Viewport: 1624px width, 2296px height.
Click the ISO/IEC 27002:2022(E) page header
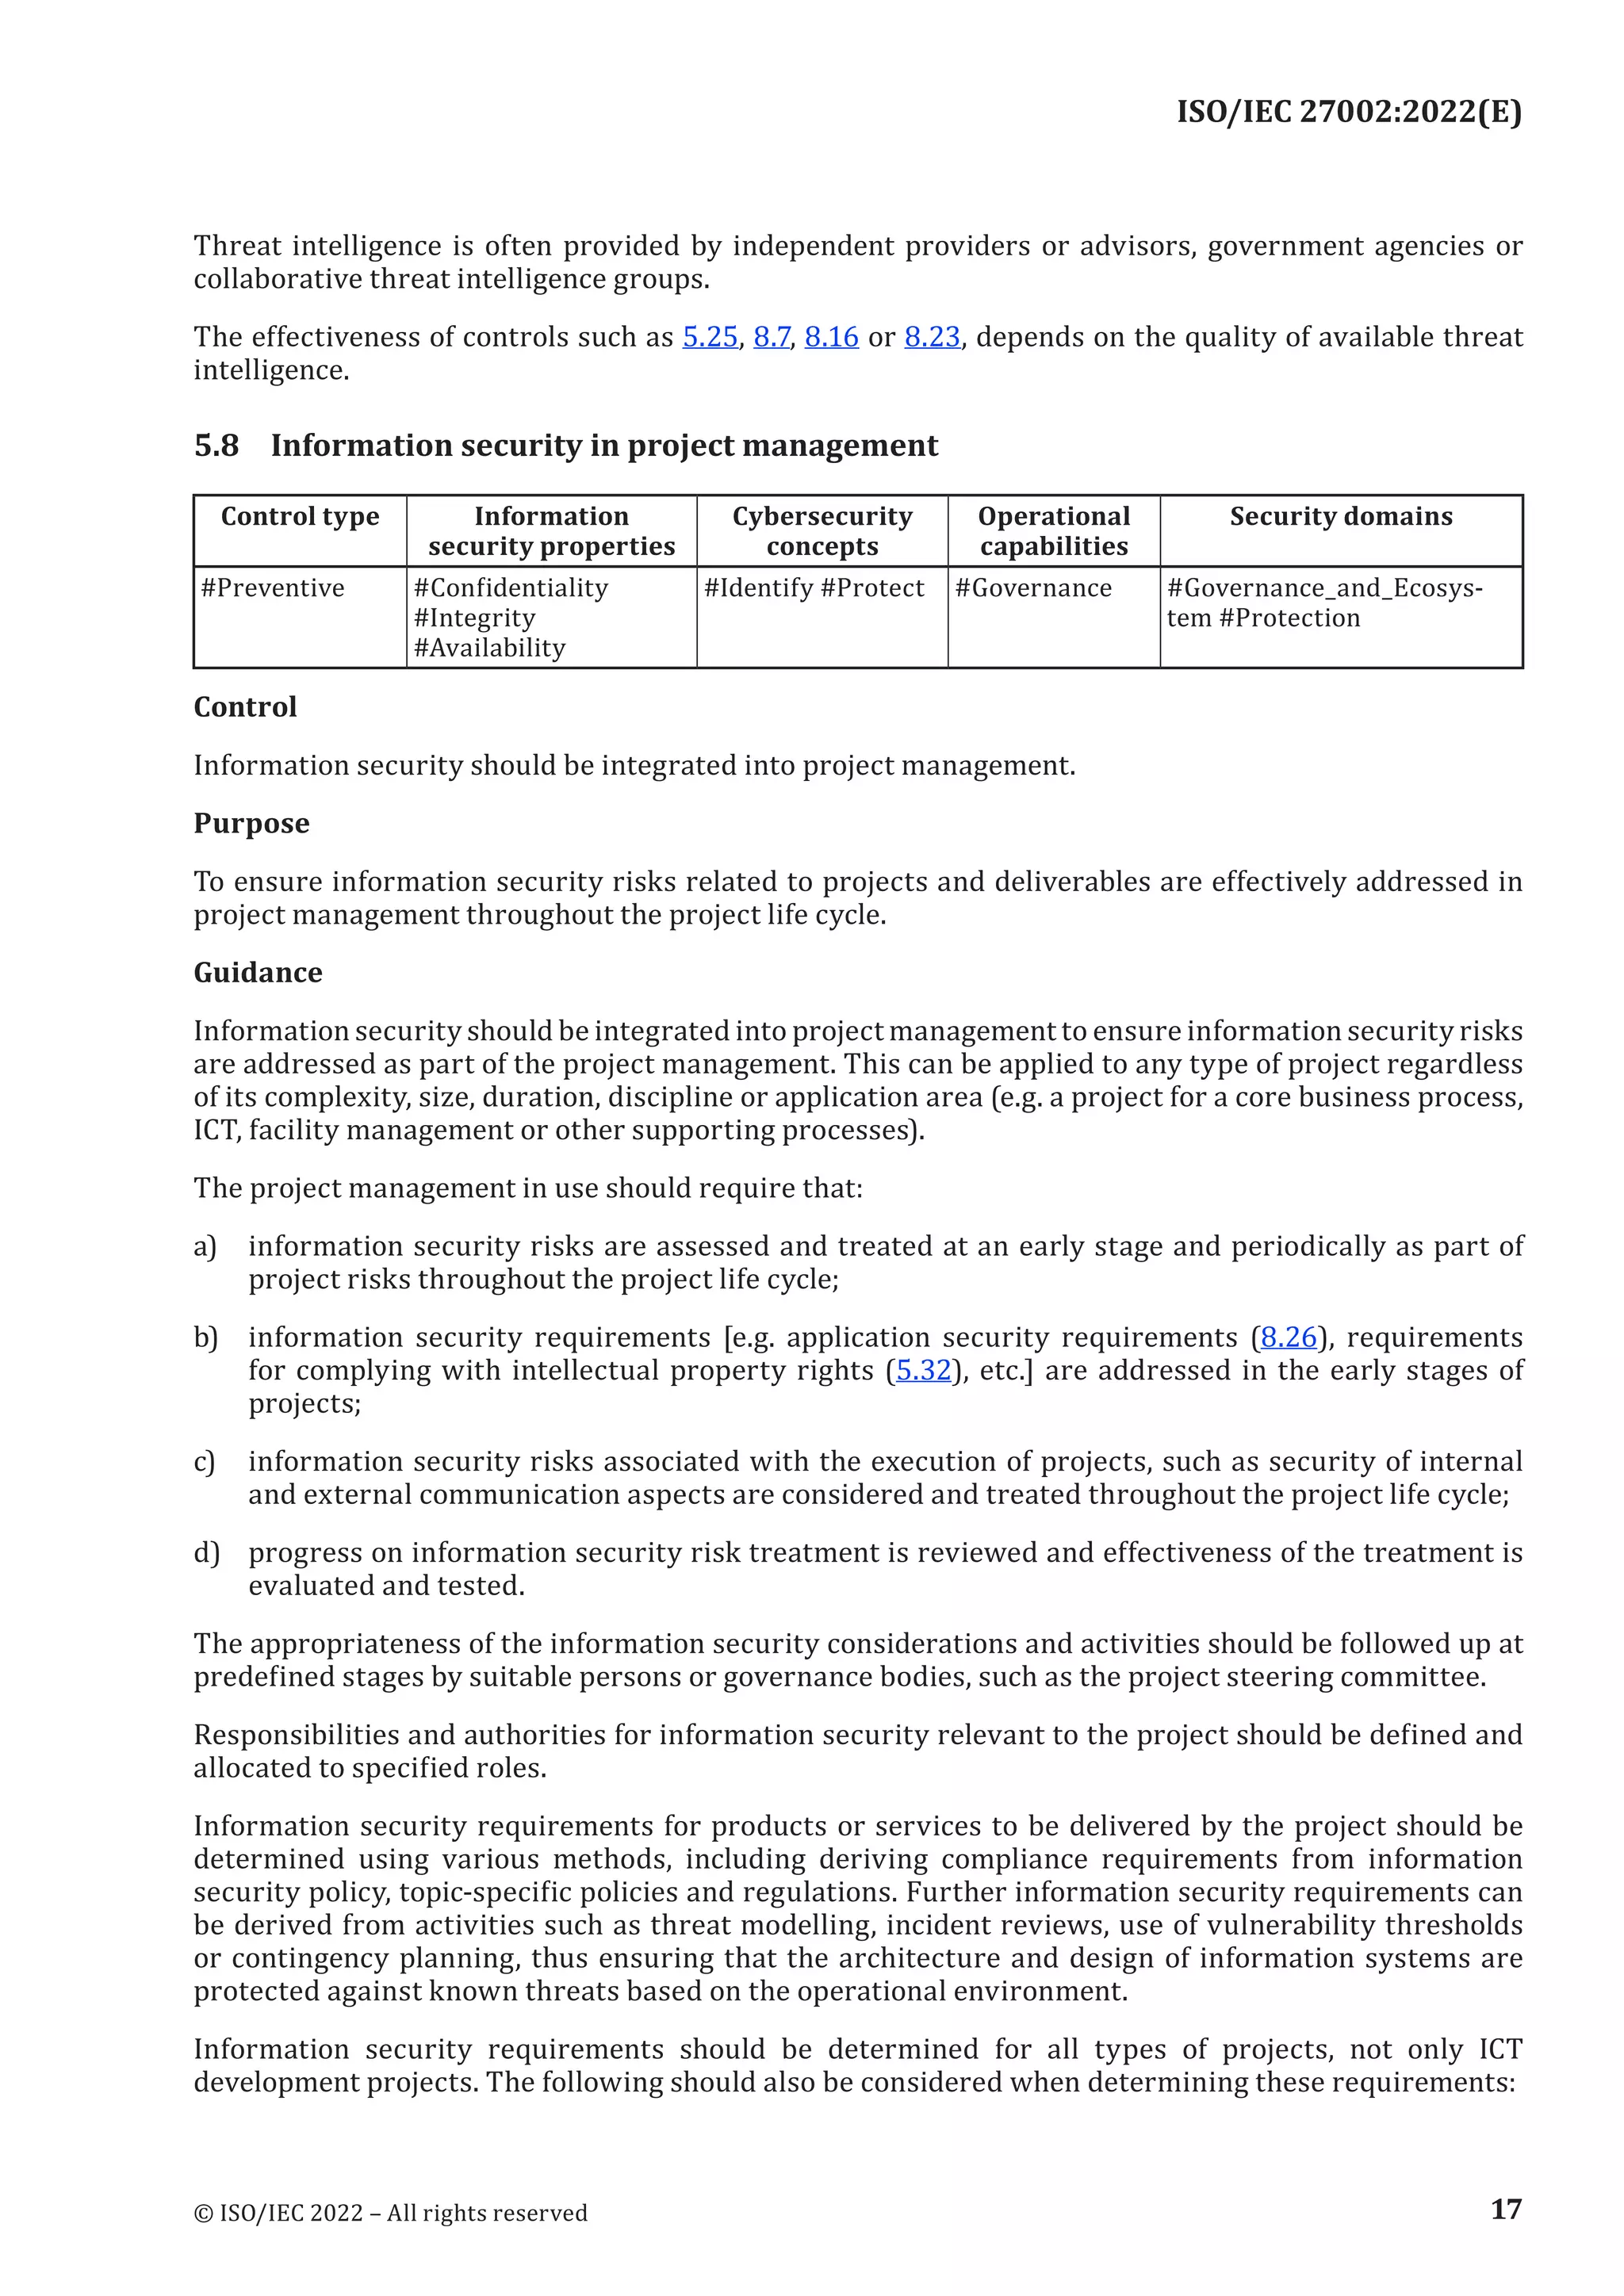tap(1348, 111)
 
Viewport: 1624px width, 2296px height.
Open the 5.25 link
tap(710, 337)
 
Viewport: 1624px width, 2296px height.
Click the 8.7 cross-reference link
tap(771, 337)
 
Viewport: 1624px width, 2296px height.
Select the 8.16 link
tap(831, 337)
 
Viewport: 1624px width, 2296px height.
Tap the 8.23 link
tap(932, 337)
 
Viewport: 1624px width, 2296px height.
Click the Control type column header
tap(300, 517)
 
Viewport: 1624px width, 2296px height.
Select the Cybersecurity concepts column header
tap(822, 531)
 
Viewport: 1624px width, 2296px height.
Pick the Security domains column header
tap(1340, 517)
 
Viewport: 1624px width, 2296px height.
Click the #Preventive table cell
tap(273, 588)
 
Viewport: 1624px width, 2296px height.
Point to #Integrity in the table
tap(475, 618)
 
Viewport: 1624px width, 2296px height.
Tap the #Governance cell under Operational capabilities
tap(1033, 588)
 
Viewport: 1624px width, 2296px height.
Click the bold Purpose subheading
tap(251, 823)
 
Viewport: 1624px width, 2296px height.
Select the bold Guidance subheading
tap(258, 972)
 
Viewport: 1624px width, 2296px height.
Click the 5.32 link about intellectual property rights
tap(923, 1370)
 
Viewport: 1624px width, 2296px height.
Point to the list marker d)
tap(206, 1552)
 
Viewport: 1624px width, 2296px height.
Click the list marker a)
tap(205, 1246)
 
